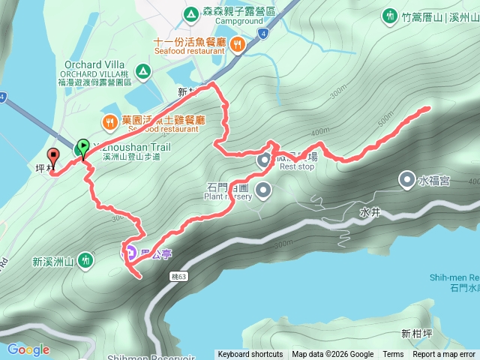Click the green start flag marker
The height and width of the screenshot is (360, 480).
pos(82,147)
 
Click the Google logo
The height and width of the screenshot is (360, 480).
pos(28,349)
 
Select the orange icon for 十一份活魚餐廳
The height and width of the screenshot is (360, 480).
pos(237,44)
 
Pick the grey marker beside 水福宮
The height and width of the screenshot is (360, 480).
pos(406,179)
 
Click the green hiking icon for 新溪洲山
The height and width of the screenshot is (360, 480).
pos(86,261)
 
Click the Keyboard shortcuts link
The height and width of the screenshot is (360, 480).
pos(250,355)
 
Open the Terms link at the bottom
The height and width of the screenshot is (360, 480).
pos(393,355)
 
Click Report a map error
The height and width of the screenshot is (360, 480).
pos(444,355)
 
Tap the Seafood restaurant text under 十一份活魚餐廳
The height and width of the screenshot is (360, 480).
pos(190,52)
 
